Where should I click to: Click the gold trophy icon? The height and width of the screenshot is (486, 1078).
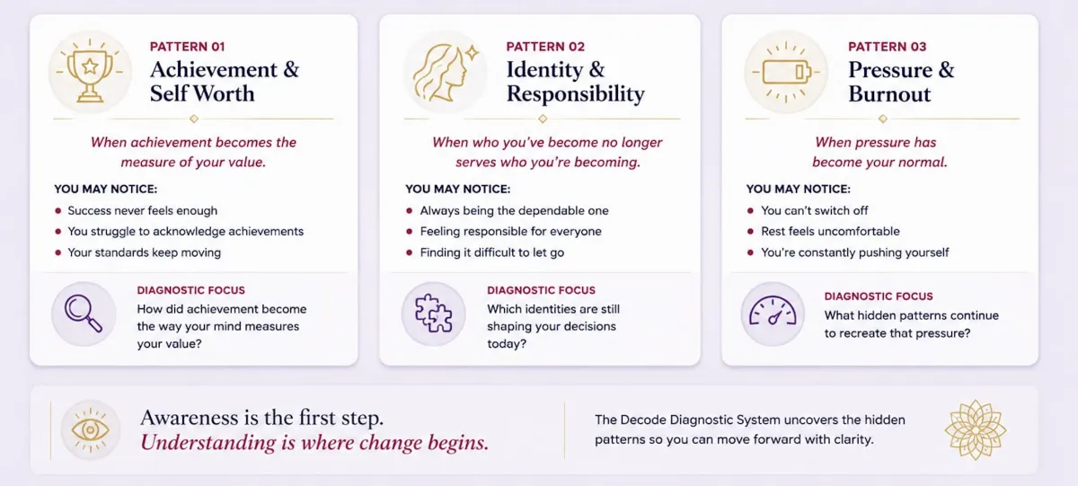click(x=90, y=72)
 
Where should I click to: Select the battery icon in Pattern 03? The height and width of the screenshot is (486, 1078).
click(x=785, y=72)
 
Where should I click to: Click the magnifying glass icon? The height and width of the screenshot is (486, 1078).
click(x=84, y=314)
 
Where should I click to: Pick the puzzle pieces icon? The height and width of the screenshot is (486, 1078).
click(x=433, y=314)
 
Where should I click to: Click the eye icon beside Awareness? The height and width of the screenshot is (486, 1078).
click(x=90, y=429)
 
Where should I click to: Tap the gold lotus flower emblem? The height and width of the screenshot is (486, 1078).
click(x=975, y=429)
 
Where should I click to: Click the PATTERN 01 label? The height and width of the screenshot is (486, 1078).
click(x=187, y=47)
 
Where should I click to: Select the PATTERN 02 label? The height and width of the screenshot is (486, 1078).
click(x=545, y=47)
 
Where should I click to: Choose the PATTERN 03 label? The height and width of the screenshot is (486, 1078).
click(x=887, y=47)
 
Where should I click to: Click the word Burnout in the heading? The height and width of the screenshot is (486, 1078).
click(x=889, y=93)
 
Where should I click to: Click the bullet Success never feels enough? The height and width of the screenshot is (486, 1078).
click(x=143, y=211)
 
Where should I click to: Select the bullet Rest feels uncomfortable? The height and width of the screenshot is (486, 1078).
click(x=830, y=232)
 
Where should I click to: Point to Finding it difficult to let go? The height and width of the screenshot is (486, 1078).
click(x=492, y=252)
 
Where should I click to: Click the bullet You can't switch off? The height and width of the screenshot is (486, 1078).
click(x=814, y=211)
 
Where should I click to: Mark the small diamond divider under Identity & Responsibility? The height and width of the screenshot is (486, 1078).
click(x=543, y=119)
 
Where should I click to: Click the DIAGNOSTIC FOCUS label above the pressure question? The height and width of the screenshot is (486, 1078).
click(x=879, y=296)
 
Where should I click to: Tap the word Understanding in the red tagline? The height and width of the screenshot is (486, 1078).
click(x=208, y=443)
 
